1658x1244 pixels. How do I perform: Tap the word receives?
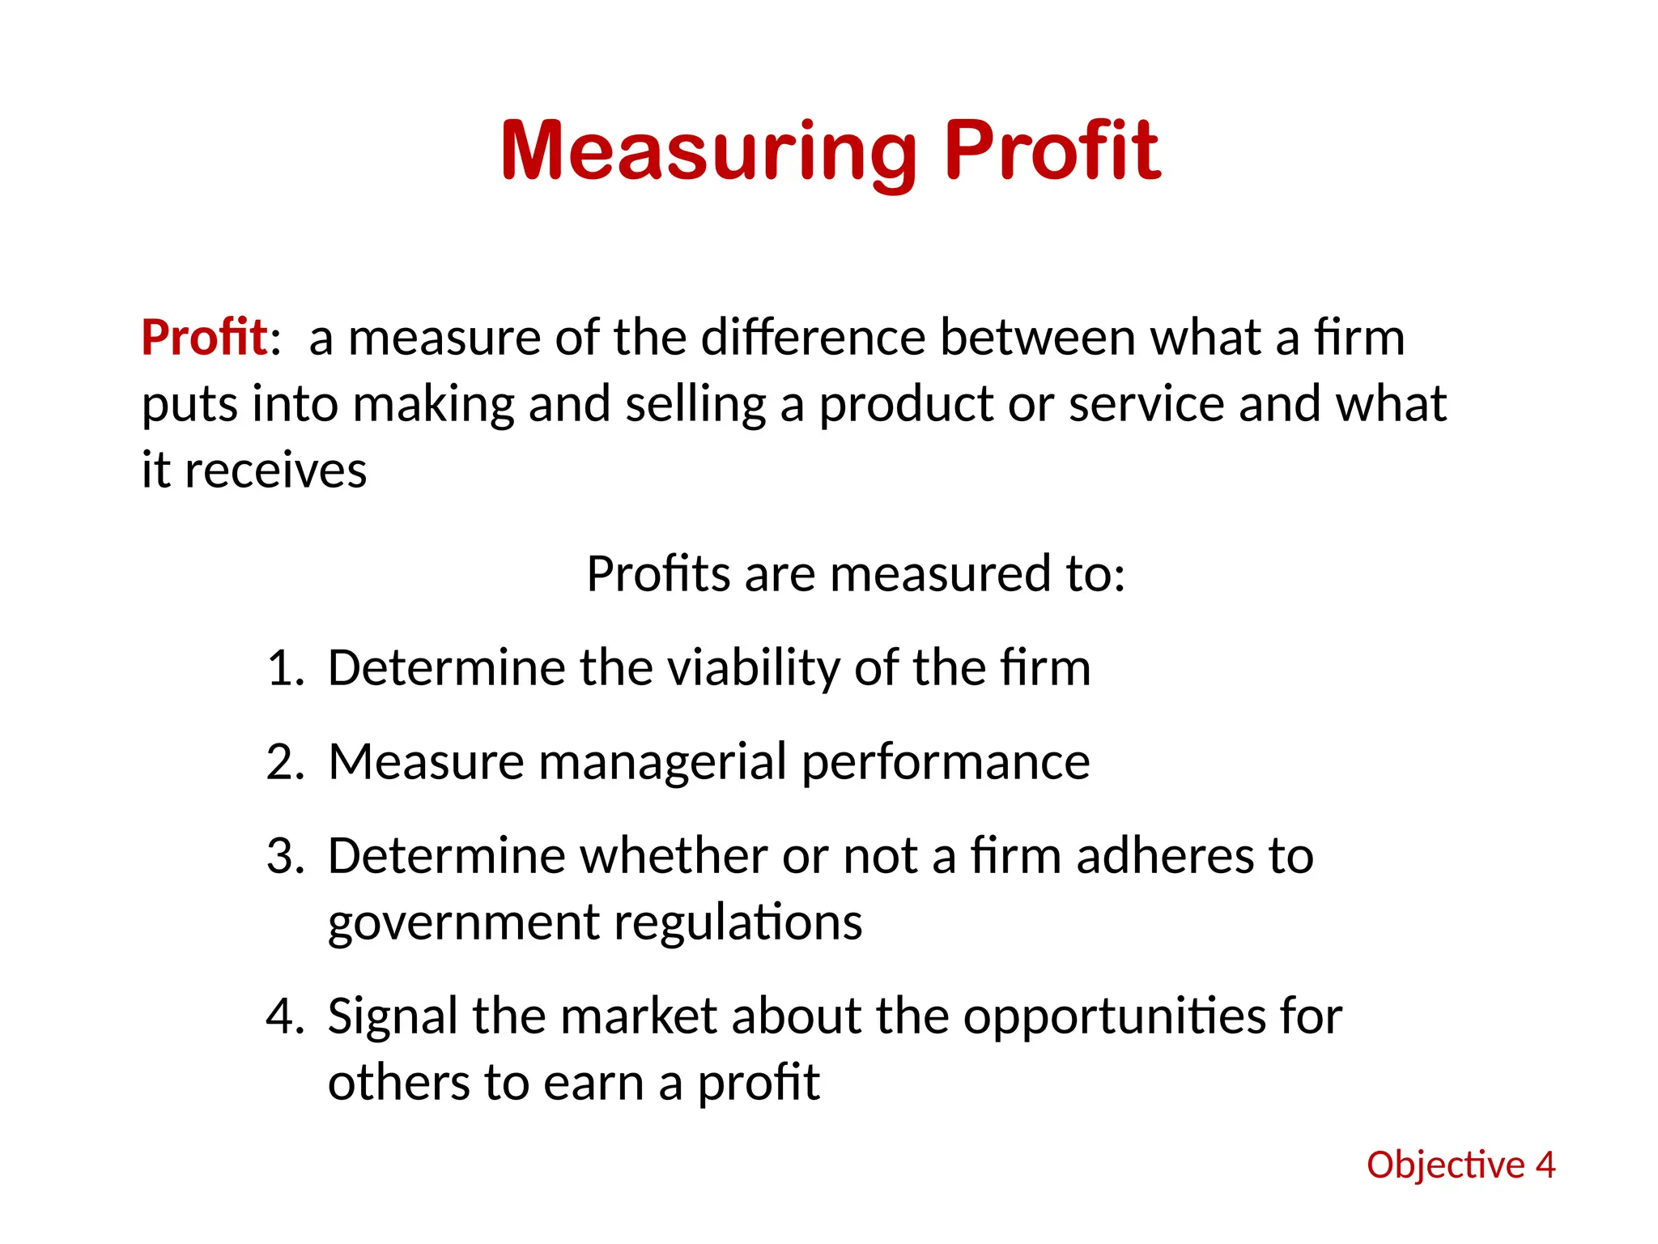pos(275,471)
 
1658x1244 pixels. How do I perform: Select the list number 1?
pos(284,668)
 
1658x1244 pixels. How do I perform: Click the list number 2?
pos(284,762)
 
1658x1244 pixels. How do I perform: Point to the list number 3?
pos(284,856)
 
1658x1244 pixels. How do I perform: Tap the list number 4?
pos(284,1016)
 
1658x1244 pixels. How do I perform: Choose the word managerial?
pos(662,762)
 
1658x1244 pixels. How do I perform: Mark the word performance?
pos(946,762)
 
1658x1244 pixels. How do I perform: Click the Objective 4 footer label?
pos(1460,1165)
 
